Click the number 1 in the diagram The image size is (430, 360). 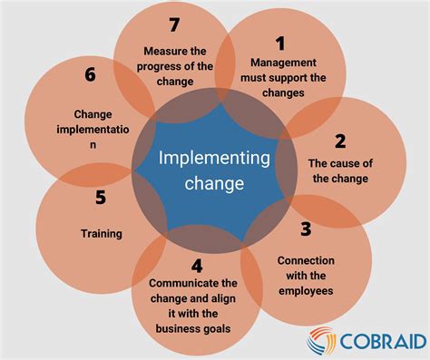(280, 43)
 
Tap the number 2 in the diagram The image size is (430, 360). (339, 141)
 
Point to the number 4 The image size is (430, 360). (198, 267)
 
